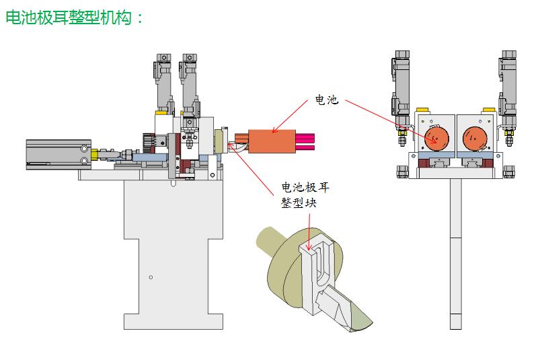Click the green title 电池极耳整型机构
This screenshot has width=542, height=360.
[74, 18]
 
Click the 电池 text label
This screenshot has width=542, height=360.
[327, 100]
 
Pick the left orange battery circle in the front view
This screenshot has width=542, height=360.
[435, 139]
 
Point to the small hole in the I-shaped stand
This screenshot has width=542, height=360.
[151, 277]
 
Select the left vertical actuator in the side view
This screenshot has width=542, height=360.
[163, 84]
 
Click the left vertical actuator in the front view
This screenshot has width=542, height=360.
[401, 87]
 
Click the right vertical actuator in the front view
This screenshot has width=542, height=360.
[508, 87]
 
